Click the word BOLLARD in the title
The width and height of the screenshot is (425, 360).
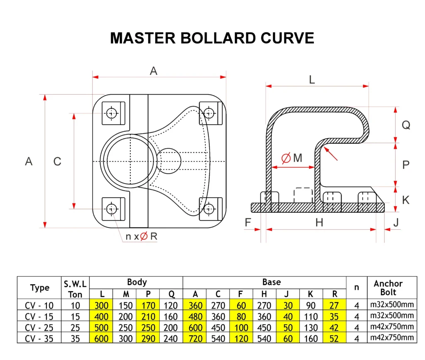(x=218, y=38)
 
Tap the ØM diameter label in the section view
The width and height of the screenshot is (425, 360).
(x=292, y=158)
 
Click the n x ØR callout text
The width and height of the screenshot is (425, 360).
(x=142, y=236)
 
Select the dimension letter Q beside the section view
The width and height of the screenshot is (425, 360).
(x=406, y=125)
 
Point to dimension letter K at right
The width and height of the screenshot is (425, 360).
(x=406, y=200)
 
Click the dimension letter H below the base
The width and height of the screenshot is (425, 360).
(x=319, y=223)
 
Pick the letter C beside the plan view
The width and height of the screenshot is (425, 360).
(x=57, y=161)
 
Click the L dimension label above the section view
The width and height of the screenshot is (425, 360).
(x=312, y=80)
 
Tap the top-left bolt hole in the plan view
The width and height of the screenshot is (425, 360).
(x=111, y=113)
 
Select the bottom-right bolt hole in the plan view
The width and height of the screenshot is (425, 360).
(x=209, y=209)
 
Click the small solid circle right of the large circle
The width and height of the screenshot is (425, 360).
(x=169, y=161)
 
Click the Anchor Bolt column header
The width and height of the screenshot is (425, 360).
(x=388, y=288)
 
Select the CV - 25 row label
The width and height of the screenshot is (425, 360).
(x=39, y=328)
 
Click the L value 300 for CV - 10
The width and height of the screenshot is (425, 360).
(x=101, y=306)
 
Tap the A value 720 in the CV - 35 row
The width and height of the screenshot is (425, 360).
(x=195, y=338)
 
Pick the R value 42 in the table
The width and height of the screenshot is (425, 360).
(x=334, y=328)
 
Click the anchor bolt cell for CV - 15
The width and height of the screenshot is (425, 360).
(x=392, y=316)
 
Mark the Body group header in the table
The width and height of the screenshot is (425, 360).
(x=137, y=282)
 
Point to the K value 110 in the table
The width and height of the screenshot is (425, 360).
(x=310, y=316)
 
